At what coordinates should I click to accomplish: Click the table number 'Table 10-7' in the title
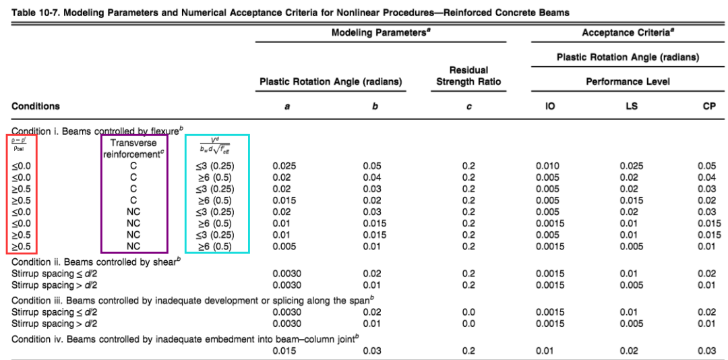coord(34,12)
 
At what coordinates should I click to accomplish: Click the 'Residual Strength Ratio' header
coord(468,76)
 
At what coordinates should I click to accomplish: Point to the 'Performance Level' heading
coord(627,82)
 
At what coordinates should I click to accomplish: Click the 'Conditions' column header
coord(36,106)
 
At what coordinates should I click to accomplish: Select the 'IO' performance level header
coord(550,107)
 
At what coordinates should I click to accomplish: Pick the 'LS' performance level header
coord(631,107)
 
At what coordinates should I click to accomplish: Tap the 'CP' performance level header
coord(708,107)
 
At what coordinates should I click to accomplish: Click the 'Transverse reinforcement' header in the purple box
coord(133,148)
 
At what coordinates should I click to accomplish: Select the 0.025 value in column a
coord(284,166)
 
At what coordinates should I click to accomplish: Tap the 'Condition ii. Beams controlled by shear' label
coord(94,262)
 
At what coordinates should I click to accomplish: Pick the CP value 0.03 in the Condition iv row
coord(707,351)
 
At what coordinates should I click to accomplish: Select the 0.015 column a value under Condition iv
coord(284,351)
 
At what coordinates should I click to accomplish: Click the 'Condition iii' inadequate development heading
coord(192,300)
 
